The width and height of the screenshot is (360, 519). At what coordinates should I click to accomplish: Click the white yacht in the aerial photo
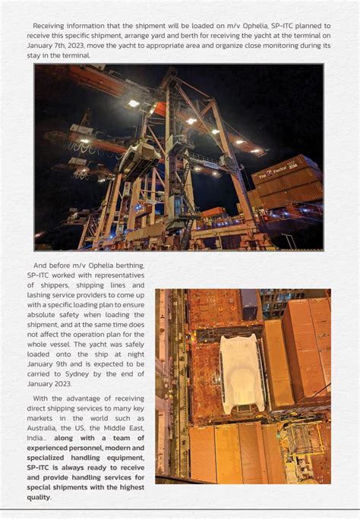[x=242, y=373]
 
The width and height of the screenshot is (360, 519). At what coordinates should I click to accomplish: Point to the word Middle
[x=114, y=428]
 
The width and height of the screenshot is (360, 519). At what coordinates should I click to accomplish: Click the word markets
[x=43, y=418]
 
